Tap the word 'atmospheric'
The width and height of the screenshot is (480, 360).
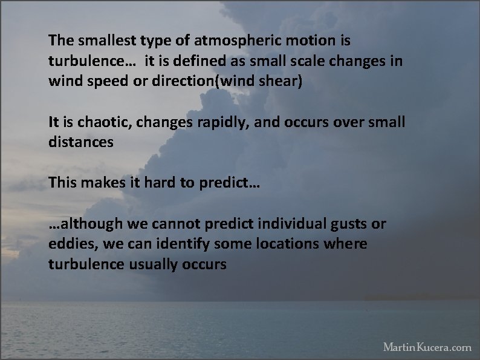215,41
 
